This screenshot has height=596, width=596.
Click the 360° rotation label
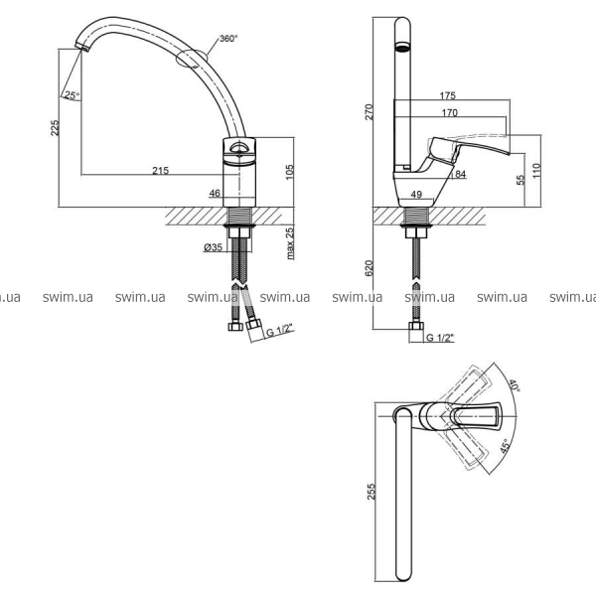point(228,39)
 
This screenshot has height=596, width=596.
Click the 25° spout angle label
point(73,95)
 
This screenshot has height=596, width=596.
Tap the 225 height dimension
point(55,128)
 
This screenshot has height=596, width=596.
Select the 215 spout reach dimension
point(160,170)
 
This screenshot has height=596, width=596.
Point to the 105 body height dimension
point(289,172)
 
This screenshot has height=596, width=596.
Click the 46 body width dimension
point(215,193)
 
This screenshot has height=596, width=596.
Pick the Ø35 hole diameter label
point(213,247)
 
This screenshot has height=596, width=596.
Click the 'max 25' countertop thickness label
point(290,243)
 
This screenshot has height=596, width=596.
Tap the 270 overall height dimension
point(370,111)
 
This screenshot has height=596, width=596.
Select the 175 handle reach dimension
point(447,95)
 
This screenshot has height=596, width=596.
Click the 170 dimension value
point(450,112)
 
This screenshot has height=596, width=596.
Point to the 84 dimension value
point(460,174)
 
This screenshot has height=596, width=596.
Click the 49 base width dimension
point(416,195)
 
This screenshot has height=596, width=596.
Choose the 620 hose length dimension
point(370,268)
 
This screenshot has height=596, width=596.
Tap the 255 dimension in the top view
point(371,492)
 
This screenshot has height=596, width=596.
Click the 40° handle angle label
point(514,385)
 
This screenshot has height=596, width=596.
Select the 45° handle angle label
point(506,445)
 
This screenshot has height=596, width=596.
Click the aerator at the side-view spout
point(402,47)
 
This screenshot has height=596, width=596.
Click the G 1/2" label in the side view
point(440,337)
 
